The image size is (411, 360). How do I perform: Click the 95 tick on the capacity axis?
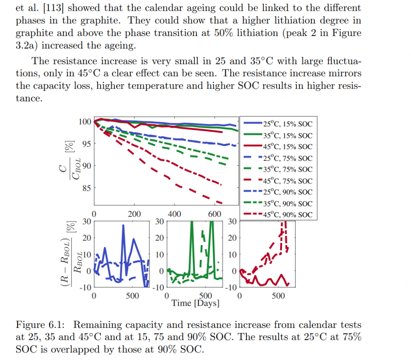click(86, 144)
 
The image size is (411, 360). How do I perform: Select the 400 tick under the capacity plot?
click(175, 214)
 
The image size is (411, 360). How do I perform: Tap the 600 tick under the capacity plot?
click(215, 214)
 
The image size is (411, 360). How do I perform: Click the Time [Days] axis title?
click(195, 303)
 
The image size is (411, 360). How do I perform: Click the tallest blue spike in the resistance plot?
click(123, 226)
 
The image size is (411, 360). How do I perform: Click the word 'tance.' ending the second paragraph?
click(29, 98)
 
